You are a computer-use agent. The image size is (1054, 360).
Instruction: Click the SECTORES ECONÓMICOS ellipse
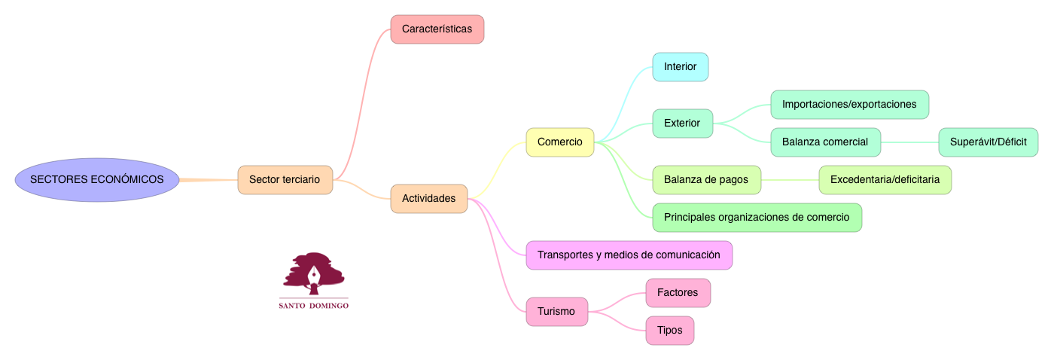coord(96,180)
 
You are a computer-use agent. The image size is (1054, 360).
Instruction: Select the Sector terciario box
coord(285,180)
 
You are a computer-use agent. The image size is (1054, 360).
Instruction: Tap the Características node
coord(437,29)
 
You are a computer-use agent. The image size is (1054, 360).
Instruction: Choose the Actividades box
coord(428,199)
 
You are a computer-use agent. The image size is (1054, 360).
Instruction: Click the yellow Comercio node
coord(559,142)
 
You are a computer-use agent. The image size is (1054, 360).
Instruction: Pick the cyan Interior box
coord(680,67)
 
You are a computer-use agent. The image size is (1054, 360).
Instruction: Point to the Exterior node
coord(681,124)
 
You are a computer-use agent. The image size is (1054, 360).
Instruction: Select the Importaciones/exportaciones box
coord(849,105)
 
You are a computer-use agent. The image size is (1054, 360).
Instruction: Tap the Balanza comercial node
coord(824,142)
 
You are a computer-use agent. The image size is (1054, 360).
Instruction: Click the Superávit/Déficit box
coord(988,142)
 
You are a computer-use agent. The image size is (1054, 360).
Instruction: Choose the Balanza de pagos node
coord(706,180)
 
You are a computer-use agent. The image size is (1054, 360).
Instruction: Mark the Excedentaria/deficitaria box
coord(885,180)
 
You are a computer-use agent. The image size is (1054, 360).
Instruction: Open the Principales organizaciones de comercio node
coord(757,218)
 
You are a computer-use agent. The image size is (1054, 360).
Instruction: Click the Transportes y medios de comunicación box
coord(629,255)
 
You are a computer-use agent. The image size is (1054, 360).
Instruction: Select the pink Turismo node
coord(556,312)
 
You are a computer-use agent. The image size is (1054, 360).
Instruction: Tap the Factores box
coord(678,293)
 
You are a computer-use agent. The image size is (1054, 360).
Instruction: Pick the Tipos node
coord(669,331)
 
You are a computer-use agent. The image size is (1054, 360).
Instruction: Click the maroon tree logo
coord(313,273)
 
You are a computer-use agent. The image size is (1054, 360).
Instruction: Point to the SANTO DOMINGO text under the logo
coord(313,307)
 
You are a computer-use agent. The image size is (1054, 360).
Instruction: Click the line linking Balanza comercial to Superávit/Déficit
coord(909,142)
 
